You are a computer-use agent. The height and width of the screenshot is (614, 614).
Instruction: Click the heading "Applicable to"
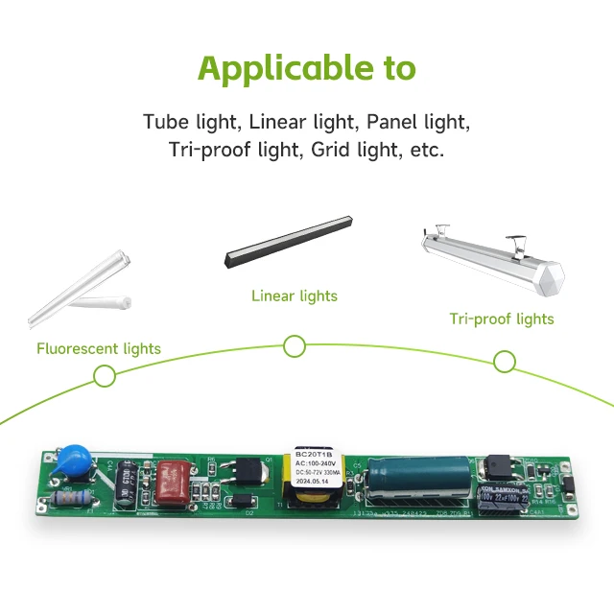[307, 69]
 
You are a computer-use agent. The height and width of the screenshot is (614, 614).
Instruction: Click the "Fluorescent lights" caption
[99, 348]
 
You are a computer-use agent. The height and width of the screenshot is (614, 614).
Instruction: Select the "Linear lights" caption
[295, 295]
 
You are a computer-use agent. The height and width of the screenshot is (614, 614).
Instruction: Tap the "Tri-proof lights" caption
[502, 319]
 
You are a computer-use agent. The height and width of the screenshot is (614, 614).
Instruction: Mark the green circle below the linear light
[295, 346]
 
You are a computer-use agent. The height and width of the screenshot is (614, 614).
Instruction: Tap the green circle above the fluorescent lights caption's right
[104, 376]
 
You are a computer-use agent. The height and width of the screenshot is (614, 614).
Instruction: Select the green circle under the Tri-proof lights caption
[505, 361]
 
